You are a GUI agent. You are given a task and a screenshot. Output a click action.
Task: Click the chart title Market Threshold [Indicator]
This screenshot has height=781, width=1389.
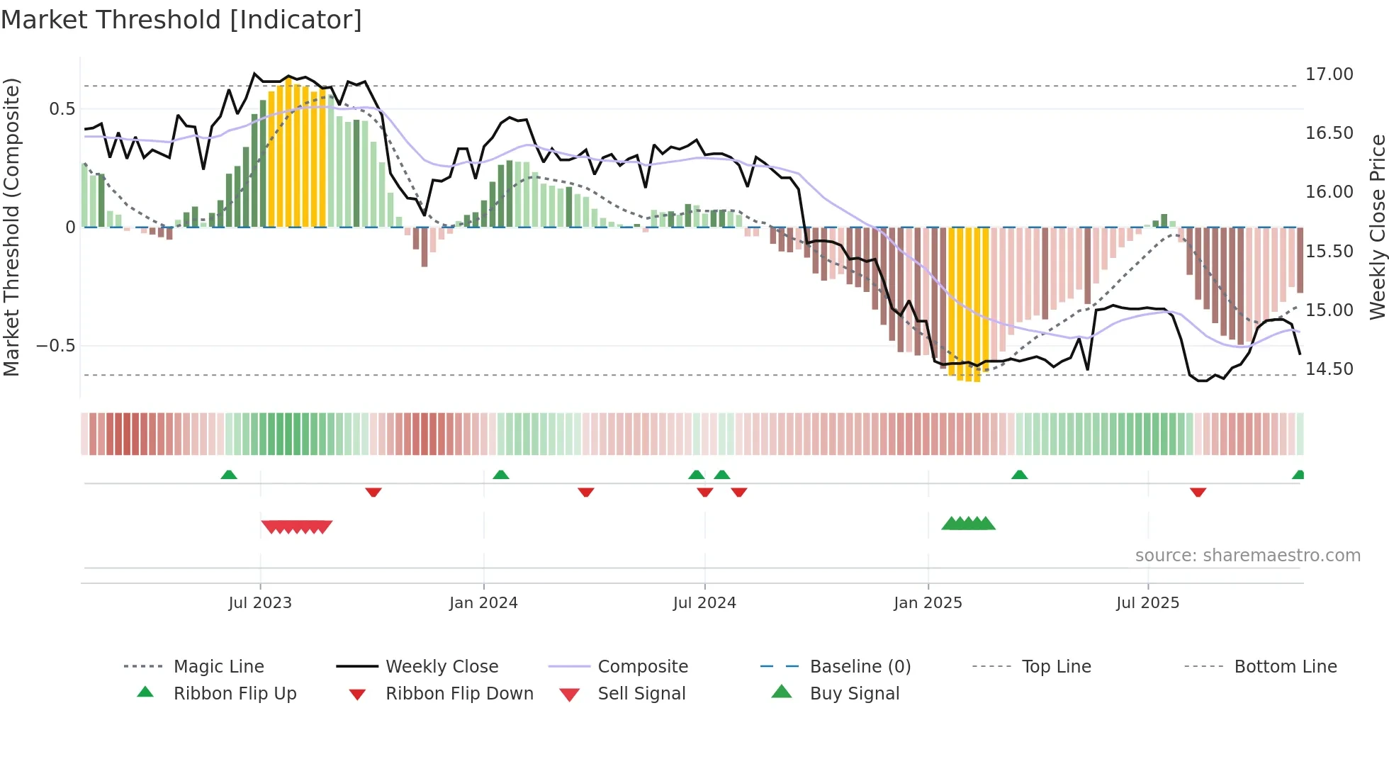[x=181, y=20]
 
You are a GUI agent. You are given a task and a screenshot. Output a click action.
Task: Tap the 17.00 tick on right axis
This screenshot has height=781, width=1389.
[x=1329, y=74]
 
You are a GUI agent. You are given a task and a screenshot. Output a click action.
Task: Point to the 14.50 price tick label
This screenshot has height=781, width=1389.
[x=1329, y=369]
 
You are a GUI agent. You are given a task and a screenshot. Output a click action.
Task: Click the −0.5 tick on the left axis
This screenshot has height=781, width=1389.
[x=56, y=346]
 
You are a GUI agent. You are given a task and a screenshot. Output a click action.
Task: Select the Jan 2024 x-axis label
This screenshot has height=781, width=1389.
[x=483, y=603]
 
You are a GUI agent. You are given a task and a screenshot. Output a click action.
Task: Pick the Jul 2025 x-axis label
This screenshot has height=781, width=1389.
[x=1147, y=603]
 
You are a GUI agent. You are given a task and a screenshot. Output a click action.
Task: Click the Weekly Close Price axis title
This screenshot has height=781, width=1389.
[x=1377, y=227]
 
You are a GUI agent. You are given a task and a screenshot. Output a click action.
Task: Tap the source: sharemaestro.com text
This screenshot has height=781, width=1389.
[x=1247, y=556]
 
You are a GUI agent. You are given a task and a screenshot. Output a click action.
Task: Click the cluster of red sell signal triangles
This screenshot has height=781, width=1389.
[x=297, y=527]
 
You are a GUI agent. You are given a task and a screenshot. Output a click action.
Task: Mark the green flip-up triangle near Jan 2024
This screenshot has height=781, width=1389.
[x=501, y=475]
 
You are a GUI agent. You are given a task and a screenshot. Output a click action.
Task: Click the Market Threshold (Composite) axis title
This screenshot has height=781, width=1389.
[x=11, y=227]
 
